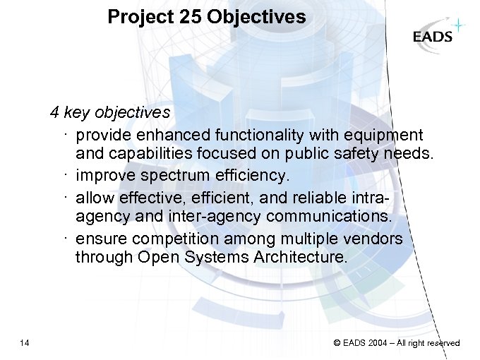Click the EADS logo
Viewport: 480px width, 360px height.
[x=433, y=37]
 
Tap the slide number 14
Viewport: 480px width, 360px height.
[x=25, y=343]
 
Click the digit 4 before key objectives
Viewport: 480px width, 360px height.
[x=54, y=112]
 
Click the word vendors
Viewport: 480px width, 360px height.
[x=378, y=239]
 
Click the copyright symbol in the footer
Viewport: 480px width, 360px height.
[x=337, y=343]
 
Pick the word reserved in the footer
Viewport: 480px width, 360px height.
[x=443, y=343]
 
